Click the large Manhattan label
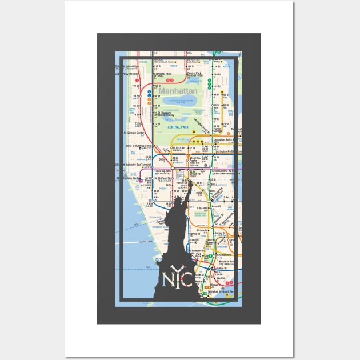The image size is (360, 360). (x=178, y=91)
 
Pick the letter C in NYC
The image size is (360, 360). (x=186, y=280)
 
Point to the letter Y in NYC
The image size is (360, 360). (x=176, y=271)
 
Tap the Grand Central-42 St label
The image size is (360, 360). (x=223, y=171)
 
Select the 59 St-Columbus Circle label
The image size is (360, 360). (x=139, y=146)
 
